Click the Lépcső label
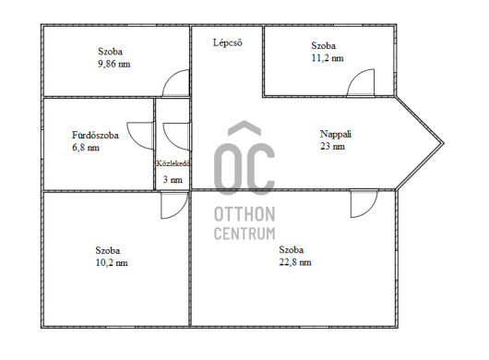[227, 42]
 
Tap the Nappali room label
[336, 134]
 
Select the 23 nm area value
[332, 146]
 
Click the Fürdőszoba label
[95, 135]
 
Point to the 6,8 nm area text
[86, 148]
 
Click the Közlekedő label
[173, 163]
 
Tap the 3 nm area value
[173, 179]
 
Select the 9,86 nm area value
[114, 64]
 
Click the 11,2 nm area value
[328, 58]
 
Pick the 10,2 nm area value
[112, 263]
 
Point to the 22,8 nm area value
[295, 262]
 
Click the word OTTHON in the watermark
[244, 214]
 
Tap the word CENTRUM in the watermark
[244, 234]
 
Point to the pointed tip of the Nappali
[443, 143]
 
